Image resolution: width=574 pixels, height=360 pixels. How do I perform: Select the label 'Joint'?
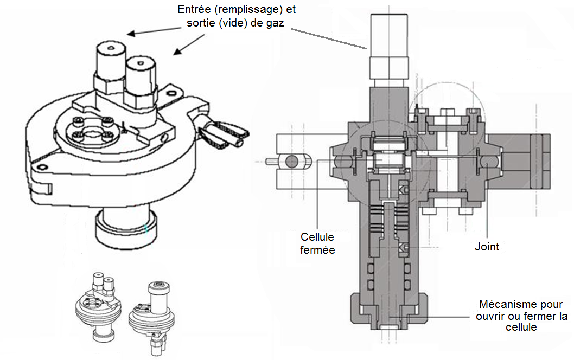[487, 247]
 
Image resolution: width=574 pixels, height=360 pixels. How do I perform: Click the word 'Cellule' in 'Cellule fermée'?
[317, 237]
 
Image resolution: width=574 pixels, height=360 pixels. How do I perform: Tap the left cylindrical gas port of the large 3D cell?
[109, 60]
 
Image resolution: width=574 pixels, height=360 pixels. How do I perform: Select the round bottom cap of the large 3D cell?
[125, 228]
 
